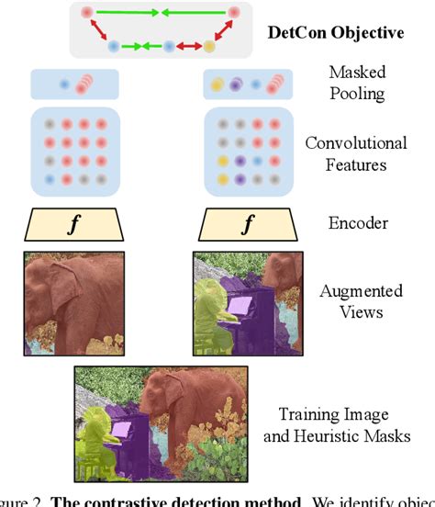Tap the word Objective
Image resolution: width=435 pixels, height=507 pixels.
click(x=366, y=33)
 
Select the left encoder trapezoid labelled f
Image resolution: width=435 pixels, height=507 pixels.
click(x=74, y=222)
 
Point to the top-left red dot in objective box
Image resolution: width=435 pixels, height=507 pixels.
click(x=86, y=13)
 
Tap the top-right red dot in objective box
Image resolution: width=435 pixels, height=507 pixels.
click(x=234, y=13)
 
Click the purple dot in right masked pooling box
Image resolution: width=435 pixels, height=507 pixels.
click(x=236, y=84)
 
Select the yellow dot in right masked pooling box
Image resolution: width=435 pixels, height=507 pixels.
click(x=217, y=84)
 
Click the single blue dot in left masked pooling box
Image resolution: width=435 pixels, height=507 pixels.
click(x=64, y=84)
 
